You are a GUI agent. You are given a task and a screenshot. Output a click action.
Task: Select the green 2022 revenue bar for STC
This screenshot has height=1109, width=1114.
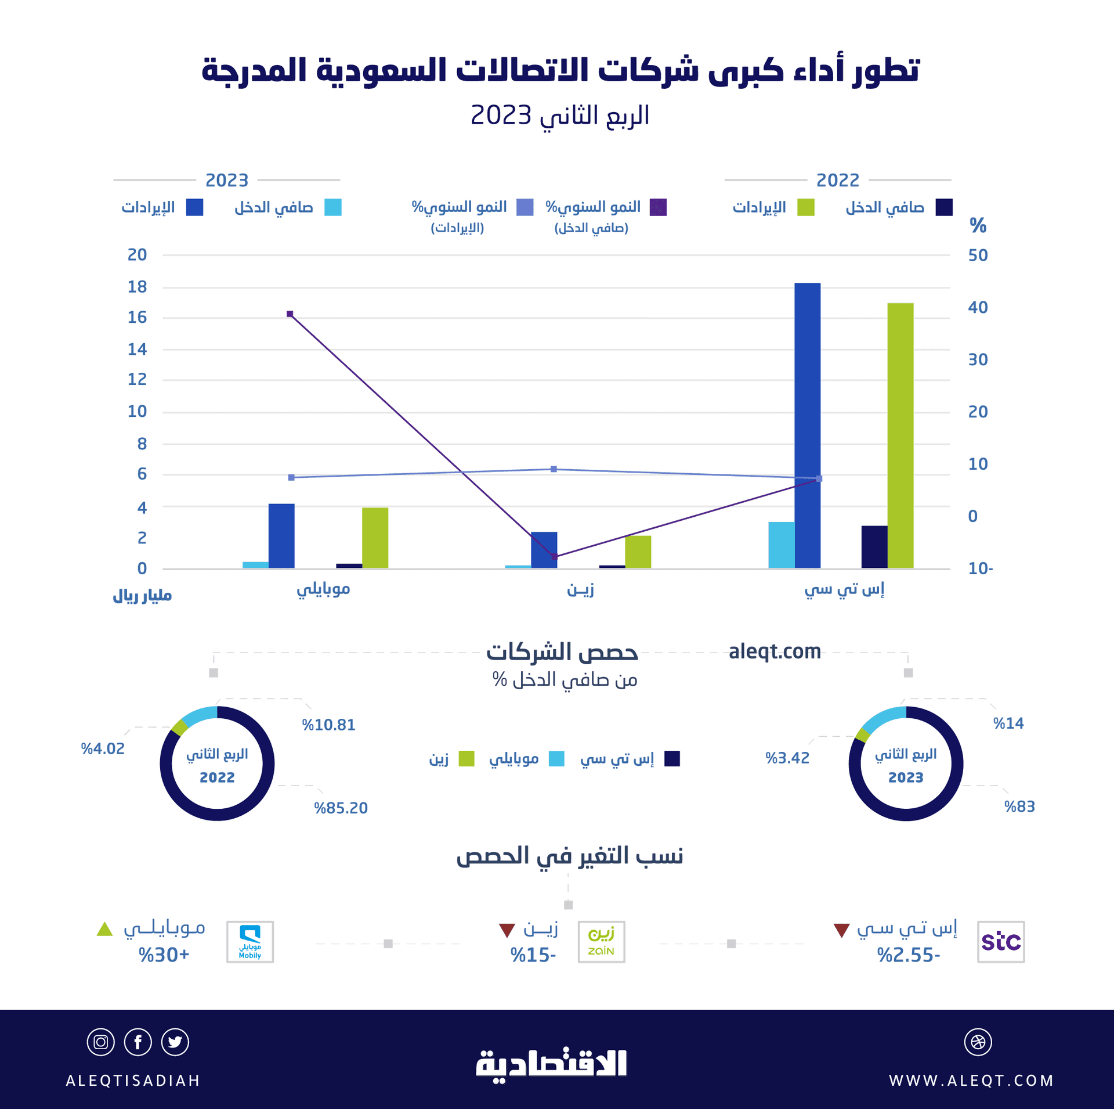tap(900, 435)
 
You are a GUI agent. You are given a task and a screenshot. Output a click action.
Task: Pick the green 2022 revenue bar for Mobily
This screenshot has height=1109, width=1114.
tap(375, 538)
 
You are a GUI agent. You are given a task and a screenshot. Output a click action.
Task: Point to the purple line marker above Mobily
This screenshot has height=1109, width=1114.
tap(290, 314)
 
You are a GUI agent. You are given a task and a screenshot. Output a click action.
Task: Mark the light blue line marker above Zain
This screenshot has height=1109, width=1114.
tap(554, 469)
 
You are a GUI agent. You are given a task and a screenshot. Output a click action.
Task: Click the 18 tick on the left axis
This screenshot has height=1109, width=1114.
tap(137, 287)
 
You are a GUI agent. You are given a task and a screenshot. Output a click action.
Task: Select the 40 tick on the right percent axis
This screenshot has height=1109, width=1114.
tap(978, 307)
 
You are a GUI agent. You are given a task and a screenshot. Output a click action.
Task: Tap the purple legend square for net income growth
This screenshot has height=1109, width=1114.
tap(658, 207)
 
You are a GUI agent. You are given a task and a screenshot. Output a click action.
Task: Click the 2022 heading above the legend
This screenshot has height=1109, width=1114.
tap(837, 180)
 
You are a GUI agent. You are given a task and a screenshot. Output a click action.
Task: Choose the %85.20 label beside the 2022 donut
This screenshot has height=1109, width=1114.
tap(341, 808)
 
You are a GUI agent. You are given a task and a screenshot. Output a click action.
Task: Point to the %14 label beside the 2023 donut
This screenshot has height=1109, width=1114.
tap(1008, 723)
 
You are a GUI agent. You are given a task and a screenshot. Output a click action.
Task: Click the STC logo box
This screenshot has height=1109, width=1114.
tap(1000, 941)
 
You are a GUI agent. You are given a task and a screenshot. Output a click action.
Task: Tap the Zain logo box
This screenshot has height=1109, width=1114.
tap(601, 941)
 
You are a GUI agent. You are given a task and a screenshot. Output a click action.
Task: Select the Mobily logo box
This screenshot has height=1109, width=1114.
tap(249, 941)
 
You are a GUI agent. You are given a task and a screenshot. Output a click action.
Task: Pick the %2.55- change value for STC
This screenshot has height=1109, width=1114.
tap(908, 955)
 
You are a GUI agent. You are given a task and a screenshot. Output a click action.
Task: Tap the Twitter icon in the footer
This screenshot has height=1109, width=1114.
tap(175, 1042)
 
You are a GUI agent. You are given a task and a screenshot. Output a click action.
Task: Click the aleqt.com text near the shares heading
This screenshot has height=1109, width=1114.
tap(774, 651)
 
